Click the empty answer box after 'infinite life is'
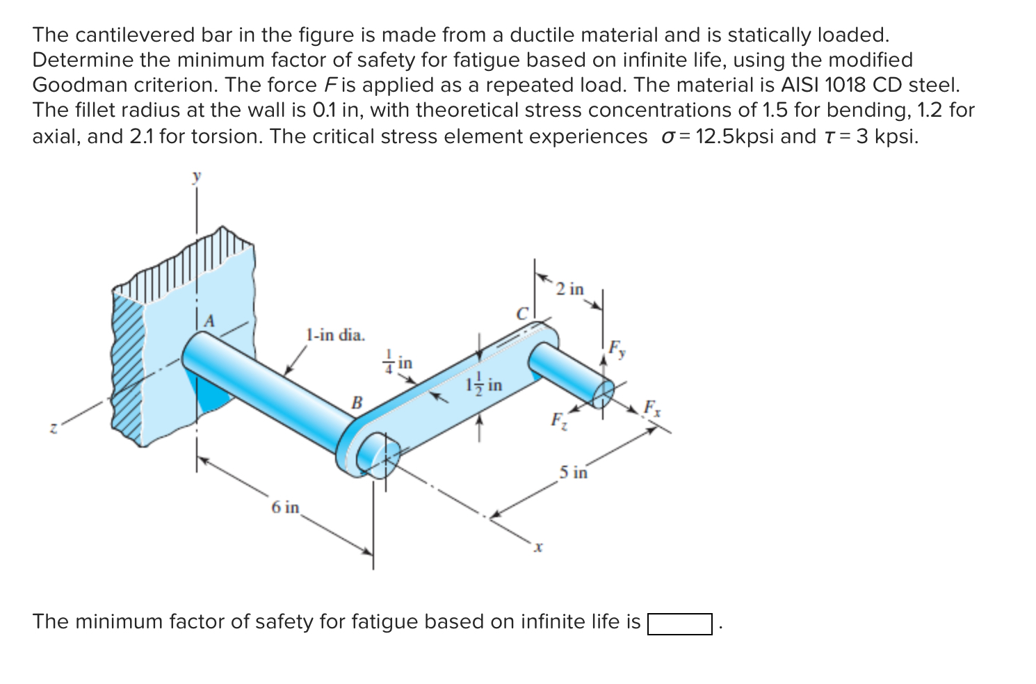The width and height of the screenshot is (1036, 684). (679, 624)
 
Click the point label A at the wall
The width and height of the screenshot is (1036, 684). (208, 321)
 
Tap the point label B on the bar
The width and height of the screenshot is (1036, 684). (357, 402)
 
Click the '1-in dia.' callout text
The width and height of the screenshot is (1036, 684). (334, 335)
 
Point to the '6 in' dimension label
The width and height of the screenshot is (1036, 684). (285, 507)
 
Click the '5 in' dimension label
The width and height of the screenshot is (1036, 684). (574, 473)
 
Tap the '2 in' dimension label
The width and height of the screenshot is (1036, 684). (571, 288)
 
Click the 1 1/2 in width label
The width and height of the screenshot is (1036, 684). (484, 385)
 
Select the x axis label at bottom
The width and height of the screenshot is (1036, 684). (537, 548)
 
